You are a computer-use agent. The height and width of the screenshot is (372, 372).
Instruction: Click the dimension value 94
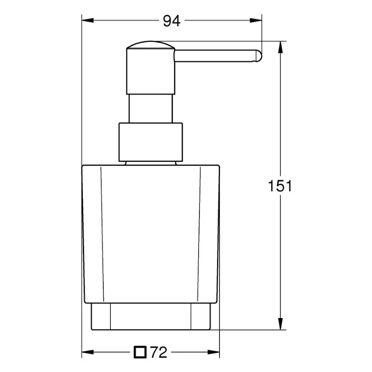(x=172, y=21)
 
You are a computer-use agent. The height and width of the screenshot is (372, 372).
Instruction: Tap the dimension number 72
(x=158, y=352)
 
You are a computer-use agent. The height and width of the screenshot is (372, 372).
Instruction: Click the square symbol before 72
(x=139, y=352)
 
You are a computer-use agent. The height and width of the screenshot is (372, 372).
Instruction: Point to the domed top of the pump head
(x=150, y=45)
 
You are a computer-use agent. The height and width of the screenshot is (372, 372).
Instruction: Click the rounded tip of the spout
(x=259, y=55)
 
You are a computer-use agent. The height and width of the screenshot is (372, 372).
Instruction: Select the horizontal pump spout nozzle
(x=216, y=55)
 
